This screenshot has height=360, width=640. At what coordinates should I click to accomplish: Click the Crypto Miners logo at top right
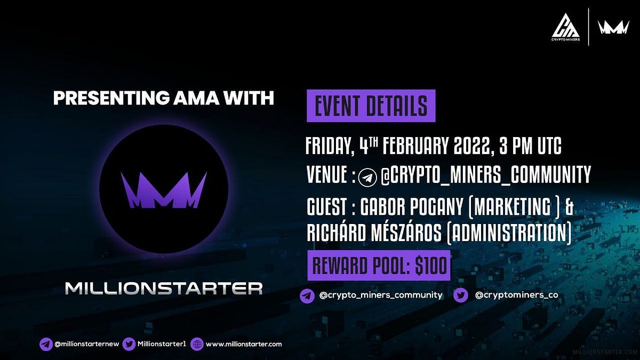click(x=566, y=26)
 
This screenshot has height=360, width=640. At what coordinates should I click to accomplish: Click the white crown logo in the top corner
click(x=613, y=27)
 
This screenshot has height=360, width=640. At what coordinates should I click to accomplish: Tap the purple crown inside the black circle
click(x=164, y=190)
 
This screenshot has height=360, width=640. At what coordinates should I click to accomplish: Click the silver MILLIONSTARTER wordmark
click(x=164, y=288)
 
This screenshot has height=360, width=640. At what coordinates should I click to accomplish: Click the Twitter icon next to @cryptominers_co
click(x=461, y=295)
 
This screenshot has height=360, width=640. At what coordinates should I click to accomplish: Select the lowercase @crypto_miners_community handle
click(x=380, y=295)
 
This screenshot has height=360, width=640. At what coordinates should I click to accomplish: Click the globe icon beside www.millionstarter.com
click(x=197, y=344)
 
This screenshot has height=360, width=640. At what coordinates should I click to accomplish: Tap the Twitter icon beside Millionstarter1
click(x=129, y=344)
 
